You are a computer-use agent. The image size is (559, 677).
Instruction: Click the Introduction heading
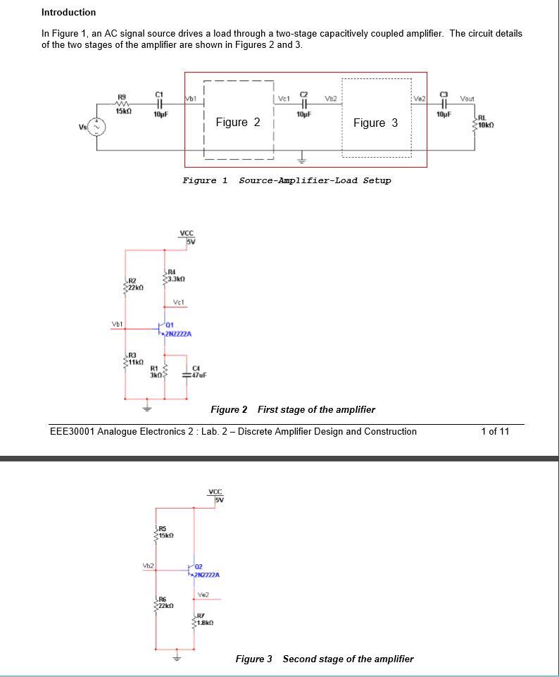click(x=68, y=12)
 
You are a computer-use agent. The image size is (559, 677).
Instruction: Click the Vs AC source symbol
click(x=96, y=127)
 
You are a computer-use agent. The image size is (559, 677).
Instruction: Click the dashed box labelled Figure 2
click(x=238, y=122)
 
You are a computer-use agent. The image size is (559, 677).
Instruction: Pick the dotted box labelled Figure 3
click(x=376, y=123)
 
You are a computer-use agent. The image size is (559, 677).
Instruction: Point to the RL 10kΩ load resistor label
click(x=486, y=122)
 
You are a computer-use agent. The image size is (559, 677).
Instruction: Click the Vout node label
click(x=467, y=98)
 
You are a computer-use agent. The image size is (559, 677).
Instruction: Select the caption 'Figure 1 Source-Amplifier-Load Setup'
click(x=286, y=180)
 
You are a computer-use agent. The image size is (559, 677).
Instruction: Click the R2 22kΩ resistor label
click(x=134, y=285)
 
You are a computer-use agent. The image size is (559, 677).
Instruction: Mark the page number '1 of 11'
click(x=494, y=431)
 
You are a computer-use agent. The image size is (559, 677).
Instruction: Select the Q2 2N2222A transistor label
click(x=207, y=571)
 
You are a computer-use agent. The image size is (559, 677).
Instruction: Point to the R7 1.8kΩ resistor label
click(x=203, y=620)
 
